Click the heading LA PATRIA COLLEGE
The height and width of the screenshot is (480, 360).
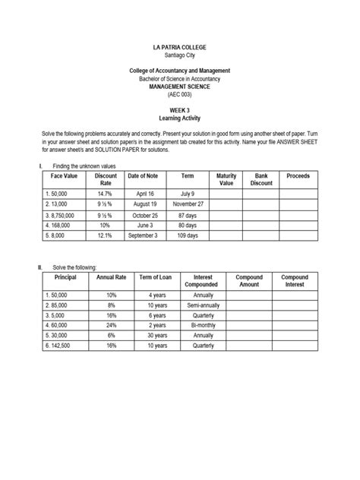(x=180, y=47)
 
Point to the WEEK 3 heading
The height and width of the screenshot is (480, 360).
(x=180, y=110)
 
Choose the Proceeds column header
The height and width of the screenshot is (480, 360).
(x=298, y=176)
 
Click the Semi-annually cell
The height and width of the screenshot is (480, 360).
(x=203, y=304)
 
